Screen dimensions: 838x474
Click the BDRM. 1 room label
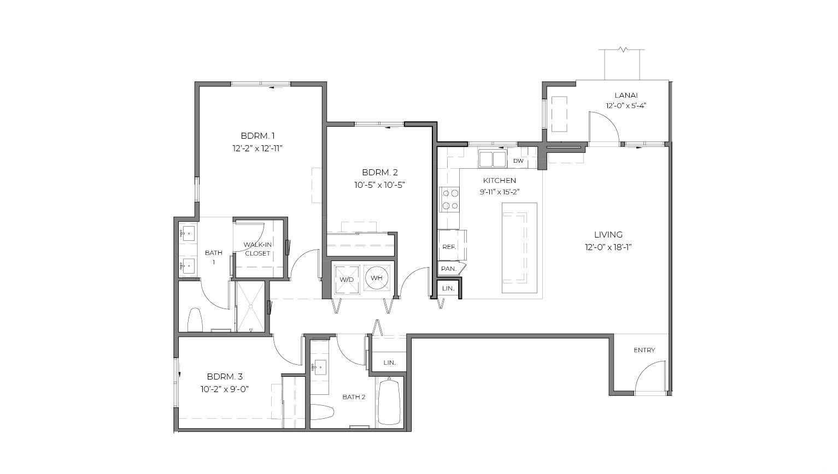click(257, 135)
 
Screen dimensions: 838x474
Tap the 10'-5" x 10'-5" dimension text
click(380, 185)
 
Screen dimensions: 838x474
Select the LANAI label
click(626, 96)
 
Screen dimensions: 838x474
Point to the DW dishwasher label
click(518, 161)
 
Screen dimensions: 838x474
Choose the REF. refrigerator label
click(449, 247)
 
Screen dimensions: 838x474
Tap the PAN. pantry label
click(449, 269)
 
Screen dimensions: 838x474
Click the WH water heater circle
click(376, 278)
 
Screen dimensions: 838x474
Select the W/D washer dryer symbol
click(347, 280)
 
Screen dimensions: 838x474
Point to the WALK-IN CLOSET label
click(257, 249)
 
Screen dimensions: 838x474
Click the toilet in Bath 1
click(195, 320)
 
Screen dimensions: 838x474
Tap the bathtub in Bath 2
click(389, 402)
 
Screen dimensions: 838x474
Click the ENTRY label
click(644, 350)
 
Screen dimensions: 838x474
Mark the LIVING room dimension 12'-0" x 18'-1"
click(608, 247)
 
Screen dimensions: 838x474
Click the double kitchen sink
click(493, 159)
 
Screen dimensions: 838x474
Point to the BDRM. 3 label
click(225, 376)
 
